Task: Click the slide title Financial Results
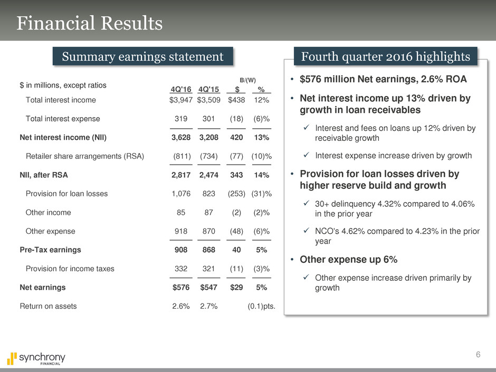[x=89, y=24]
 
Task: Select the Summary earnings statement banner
[x=142, y=56]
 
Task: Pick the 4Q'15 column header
[x=208, y=89]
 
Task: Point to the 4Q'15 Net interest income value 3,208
[x=208, y=138]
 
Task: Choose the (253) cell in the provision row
[x=236, y=194]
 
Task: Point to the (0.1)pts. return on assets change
[x=261, y=306]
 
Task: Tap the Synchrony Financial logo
[x=36, y=359]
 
